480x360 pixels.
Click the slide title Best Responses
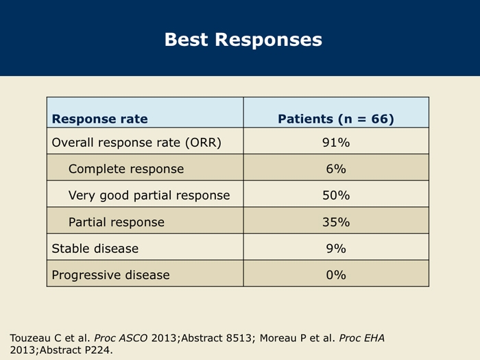[243, 40]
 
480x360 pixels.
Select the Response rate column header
[100, 119]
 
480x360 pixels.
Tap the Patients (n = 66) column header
[336, 119]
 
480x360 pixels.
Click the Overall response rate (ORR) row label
[136, 143]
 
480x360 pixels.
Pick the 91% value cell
[336, 143]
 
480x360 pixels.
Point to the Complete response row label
[126, 169]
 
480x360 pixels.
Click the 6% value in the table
[336, 169]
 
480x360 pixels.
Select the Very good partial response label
[149, 195]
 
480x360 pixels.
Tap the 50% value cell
[336, 195]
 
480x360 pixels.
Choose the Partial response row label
[117, 222]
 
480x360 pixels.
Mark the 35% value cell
[336, 222]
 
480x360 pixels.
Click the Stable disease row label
[95, 248]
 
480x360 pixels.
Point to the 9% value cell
[336, 248]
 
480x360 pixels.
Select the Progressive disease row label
[110, 275]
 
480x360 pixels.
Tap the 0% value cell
[336, 275]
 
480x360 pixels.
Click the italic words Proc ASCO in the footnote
[121, 338]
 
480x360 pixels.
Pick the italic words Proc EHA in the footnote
[361, 338]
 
